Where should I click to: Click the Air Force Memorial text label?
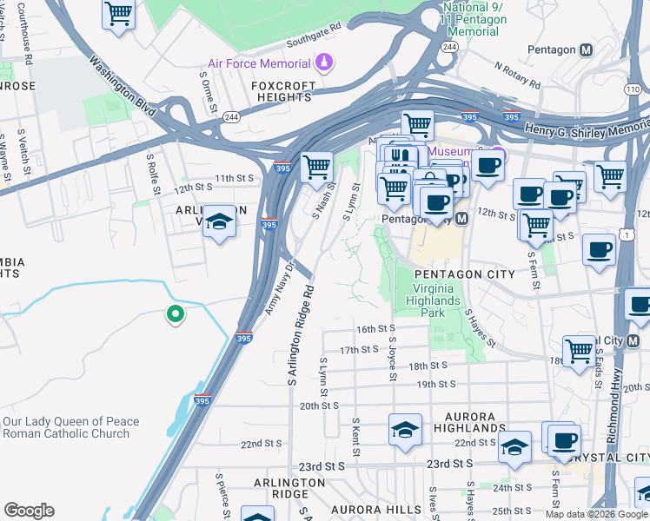(259, 64)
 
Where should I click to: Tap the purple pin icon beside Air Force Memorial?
(324, 63)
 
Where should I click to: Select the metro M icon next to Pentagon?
(586, 50)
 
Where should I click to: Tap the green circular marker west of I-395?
(176, 314)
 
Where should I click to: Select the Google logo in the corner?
(29, 511)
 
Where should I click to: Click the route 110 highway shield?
(633, 89)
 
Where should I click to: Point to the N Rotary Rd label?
(517, 76)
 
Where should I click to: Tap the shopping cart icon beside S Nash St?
(316, 166)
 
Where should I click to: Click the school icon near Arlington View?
(220, 221)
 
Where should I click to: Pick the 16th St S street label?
(376, 329)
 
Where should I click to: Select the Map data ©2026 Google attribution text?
(597, 514)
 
